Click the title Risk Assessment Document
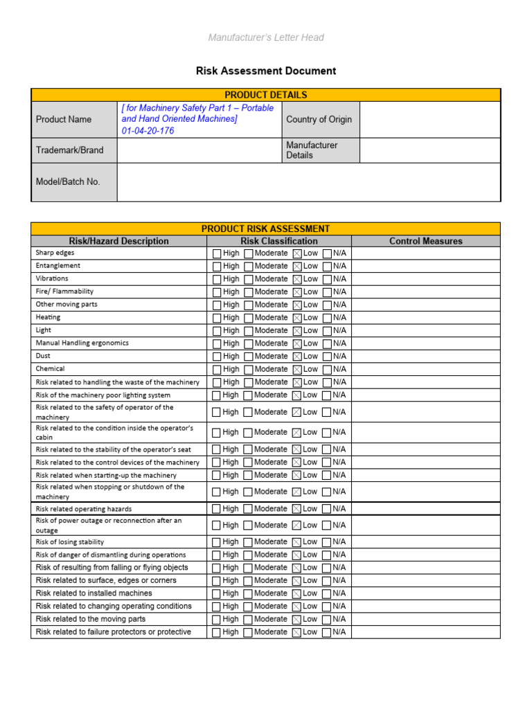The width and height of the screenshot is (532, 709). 265,71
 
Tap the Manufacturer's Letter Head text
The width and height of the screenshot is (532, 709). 265,37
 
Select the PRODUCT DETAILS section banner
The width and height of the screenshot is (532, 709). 265,95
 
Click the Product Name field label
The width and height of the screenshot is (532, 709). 64,119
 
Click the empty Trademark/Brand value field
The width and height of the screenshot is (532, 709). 199,150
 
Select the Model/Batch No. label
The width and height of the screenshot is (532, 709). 68,181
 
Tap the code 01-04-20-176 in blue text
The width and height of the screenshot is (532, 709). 148,131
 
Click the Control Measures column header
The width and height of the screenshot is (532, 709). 425,241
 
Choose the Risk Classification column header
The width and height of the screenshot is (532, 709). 278,241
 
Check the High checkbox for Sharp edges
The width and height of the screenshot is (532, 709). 217,253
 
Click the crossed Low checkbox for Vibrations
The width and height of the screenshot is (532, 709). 297,279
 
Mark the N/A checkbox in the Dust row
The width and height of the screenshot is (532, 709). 327,356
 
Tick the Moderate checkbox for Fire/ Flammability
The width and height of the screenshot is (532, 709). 248,292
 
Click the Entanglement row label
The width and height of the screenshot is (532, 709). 58,266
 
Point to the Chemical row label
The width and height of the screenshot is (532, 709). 50,369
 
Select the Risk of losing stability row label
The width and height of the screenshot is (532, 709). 70,542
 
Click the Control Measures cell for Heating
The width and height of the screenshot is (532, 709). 425,318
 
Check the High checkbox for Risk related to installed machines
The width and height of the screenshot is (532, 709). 217,593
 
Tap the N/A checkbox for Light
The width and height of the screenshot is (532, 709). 327,330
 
